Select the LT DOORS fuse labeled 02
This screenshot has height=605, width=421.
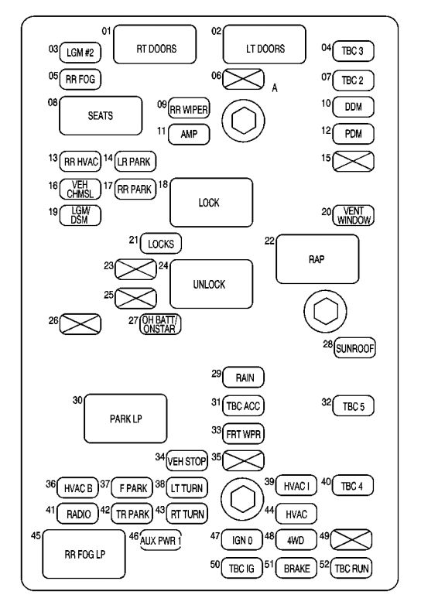point(265,49)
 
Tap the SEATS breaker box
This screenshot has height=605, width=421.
point(101,116)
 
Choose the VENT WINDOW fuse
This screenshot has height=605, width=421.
point(354,216)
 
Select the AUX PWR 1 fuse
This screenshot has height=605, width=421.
point(160,540)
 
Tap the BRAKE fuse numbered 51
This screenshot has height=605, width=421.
point(297,569)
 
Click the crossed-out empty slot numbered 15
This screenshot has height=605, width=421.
point(354,160)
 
